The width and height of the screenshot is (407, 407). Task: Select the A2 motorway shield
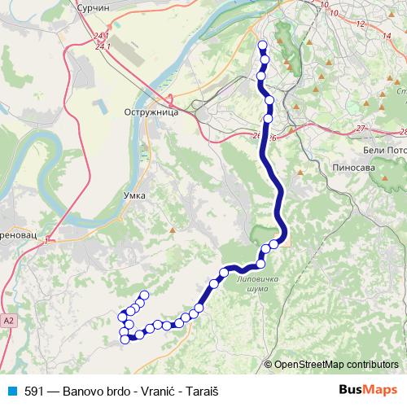(x=7, y=322)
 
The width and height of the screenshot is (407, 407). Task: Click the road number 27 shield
(x=361, y=129)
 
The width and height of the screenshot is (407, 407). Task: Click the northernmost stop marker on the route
(x=261, y=46)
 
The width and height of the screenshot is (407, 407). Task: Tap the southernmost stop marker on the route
(x=125, y=339)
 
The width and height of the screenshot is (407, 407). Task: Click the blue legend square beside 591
(x=11, y=391)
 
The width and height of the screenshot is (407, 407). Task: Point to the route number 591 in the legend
(x=34, y=391)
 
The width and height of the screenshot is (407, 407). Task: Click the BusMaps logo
(x=368, y=390)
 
